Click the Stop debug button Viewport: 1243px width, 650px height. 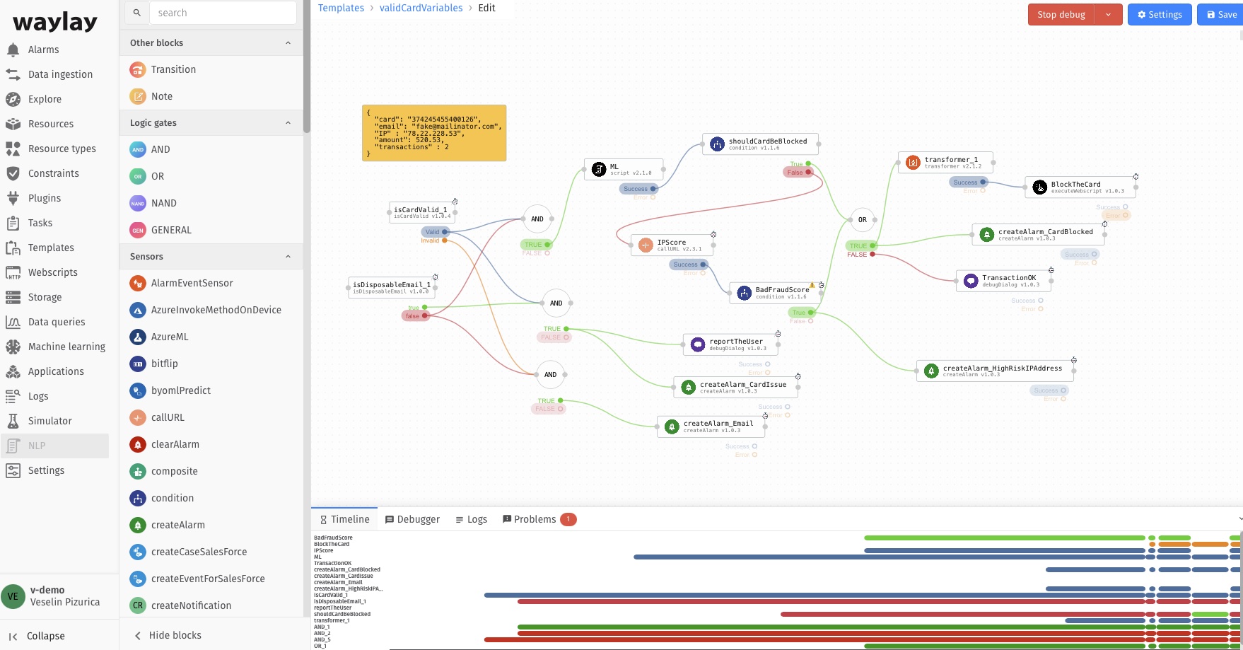1061,14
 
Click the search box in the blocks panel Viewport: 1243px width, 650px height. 223,13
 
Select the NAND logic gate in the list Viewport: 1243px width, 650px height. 163,203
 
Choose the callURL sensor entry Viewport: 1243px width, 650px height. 168,417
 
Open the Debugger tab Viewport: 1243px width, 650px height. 412,519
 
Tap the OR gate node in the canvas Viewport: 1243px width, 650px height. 862,220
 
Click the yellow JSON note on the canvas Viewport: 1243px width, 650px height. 434,133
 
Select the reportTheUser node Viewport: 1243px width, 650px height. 731,344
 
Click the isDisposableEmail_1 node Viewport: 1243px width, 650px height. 392,287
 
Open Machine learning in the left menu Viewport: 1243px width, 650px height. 66,347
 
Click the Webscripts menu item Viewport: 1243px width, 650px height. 52,272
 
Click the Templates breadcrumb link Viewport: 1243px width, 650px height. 341,8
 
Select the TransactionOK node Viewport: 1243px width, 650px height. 1003,281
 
